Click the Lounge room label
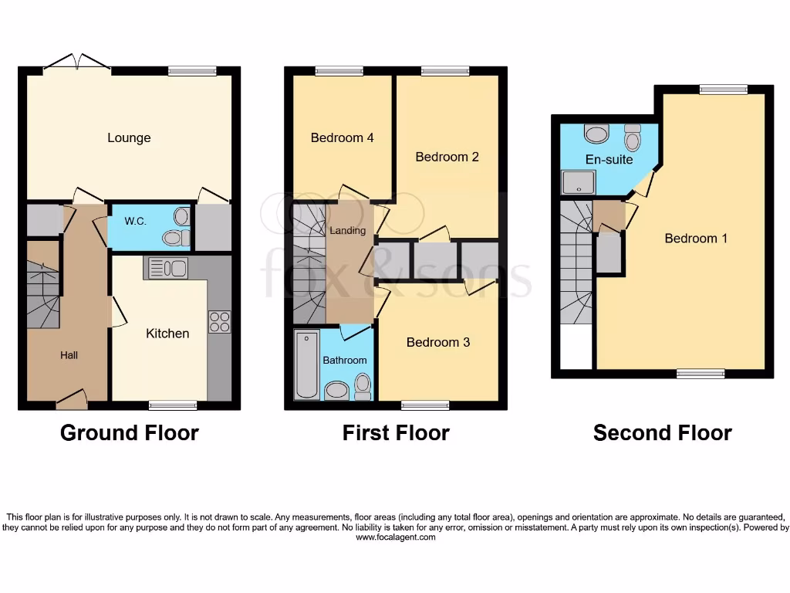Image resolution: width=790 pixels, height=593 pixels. [129, 138]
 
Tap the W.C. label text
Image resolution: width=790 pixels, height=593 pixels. [136, 222]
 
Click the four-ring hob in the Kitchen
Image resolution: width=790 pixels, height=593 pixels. [219, 321]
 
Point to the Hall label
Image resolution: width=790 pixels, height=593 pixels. [69, 355]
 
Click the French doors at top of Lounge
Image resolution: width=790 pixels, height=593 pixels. [76, 63]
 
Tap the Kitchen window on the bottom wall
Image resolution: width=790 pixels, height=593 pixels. [173, 405]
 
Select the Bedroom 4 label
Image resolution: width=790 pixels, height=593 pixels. [342, 138]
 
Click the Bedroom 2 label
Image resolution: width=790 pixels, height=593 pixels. [447, 157]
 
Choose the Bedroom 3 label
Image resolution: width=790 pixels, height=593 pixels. [438, 342]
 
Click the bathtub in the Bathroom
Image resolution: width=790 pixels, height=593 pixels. [306, 365]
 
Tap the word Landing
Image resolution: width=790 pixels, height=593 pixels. [347, 231]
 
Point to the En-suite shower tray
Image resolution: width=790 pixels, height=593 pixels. [579, 181]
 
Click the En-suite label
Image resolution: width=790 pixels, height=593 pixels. [609, 160]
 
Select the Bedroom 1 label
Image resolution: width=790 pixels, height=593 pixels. [696, 239]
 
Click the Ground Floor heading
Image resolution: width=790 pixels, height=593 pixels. [129, 433]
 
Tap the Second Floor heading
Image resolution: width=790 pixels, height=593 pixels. [662, 433]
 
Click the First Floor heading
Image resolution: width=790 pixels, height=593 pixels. [396, 433]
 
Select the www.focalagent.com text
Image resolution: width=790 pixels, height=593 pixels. [395, 537]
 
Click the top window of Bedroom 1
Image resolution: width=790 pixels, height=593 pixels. [723, 90]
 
